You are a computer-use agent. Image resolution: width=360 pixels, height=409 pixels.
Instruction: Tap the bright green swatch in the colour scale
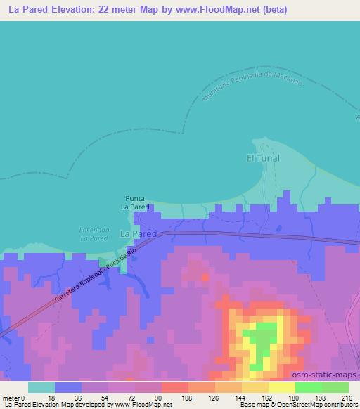[x=308, y=387]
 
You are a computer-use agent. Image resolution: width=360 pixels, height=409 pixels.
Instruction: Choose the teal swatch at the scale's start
[x=41, y=387]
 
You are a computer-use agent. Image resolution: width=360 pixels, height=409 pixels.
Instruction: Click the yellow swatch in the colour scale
[x=281, y=387]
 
